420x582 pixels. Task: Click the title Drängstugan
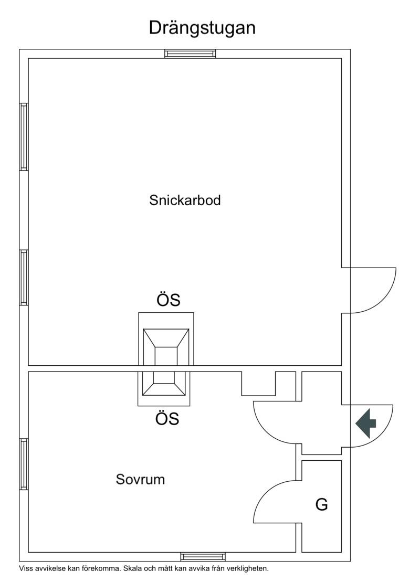pos(202,28)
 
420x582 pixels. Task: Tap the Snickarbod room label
pos(185,200)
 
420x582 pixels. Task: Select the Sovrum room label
pos(140,479)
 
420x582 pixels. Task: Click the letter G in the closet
pos(322,505)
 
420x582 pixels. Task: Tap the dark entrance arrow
pos(366,423)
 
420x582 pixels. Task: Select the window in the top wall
pos(190,54)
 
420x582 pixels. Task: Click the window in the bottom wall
pos(203,557)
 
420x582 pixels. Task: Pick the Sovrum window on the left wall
pos(24,464)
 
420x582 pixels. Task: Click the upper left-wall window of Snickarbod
pos(24,136)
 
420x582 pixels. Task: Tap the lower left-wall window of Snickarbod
pos(24,278)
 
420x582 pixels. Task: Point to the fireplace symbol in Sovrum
pos(164,388)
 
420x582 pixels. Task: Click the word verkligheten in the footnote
pos(248,569)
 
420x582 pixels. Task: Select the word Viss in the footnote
pos(25,568)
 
